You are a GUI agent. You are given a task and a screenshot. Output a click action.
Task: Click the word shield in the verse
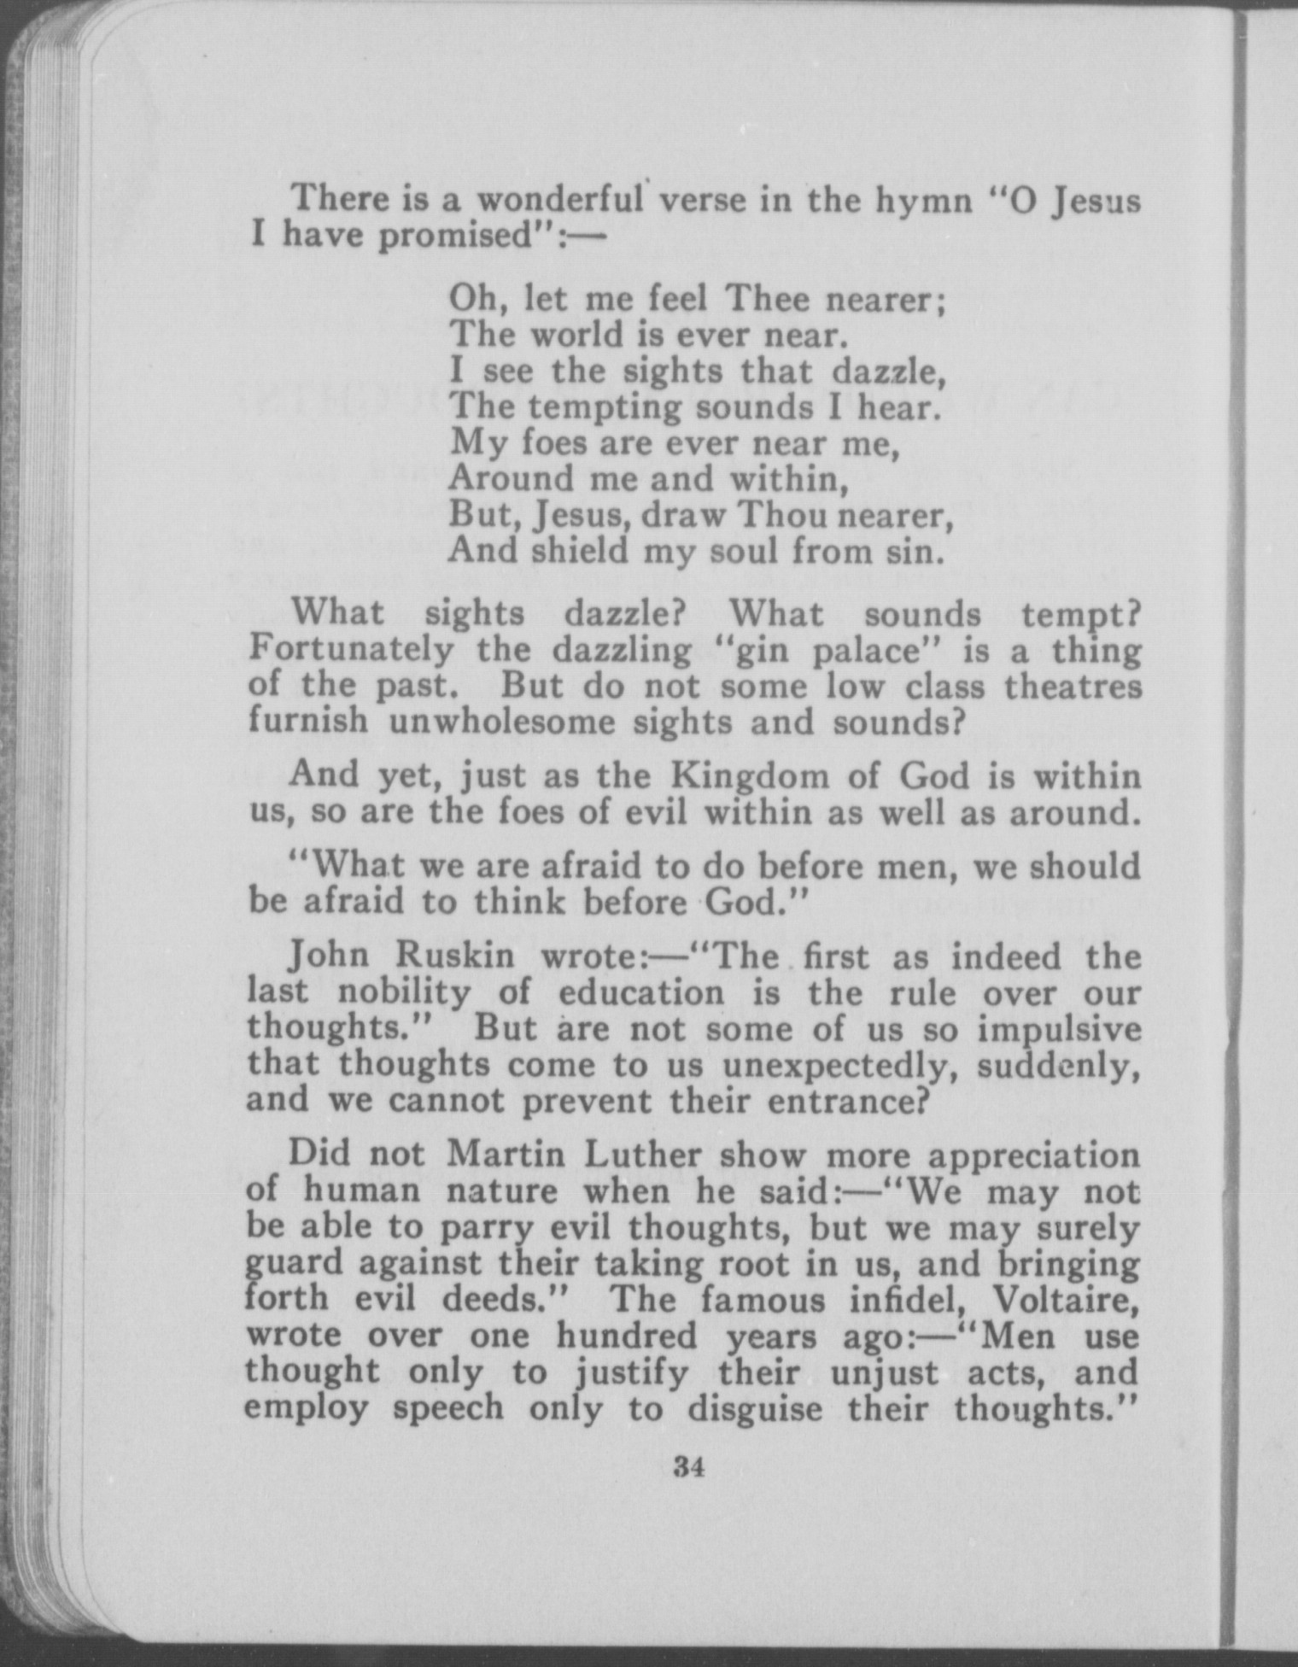(581, 551)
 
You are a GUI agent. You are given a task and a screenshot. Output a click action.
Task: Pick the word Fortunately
(351, 651)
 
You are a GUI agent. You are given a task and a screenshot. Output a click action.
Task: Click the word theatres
(1072, 687)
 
